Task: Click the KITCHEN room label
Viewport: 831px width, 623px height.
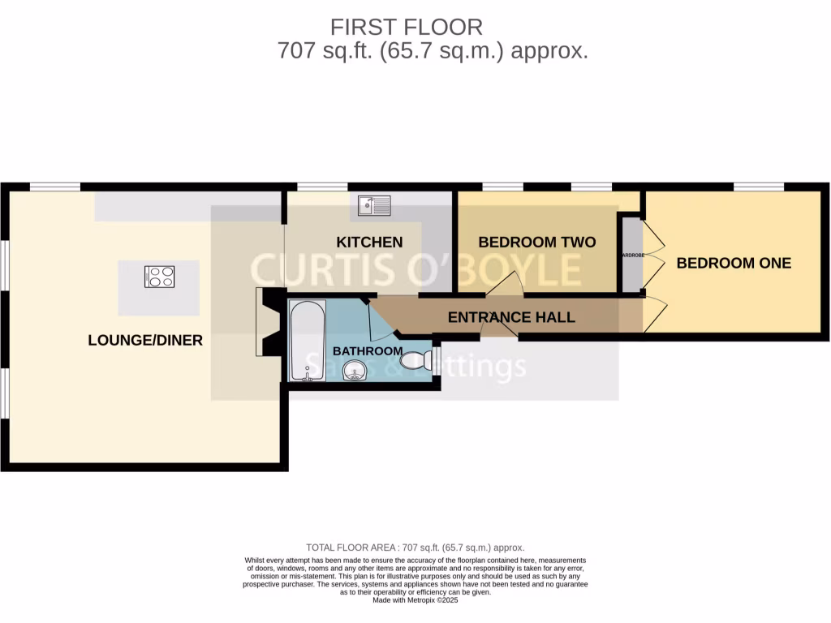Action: tap(369, 243)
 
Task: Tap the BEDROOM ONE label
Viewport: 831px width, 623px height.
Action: tap(734, 264)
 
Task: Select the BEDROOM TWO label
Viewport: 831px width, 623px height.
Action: tap(536, 243)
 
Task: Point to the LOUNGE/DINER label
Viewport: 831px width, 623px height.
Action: tap(145, 341)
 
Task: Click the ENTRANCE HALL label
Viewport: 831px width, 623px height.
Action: tap(511, 317)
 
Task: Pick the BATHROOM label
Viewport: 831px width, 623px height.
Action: tap(368, 351)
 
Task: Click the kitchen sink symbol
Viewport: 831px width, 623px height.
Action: tap(374, 205)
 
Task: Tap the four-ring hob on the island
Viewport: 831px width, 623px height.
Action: tap(160, 277)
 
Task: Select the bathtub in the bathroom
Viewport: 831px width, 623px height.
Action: tap(308, 339)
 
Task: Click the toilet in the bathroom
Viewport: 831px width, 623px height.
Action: tap(417, 359)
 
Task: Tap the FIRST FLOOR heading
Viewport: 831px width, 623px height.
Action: tap(406, 27)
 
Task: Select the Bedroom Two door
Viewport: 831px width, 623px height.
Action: tap(506, 284)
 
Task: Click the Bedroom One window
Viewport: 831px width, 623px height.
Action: tap(759, 187)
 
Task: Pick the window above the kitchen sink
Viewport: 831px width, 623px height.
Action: tap(322, 187)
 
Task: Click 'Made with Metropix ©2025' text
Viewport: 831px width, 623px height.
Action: tap(415, 600)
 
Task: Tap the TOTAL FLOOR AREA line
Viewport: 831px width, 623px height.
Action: tap(415, 548)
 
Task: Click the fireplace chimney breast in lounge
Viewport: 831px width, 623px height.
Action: tap(271, 323)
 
